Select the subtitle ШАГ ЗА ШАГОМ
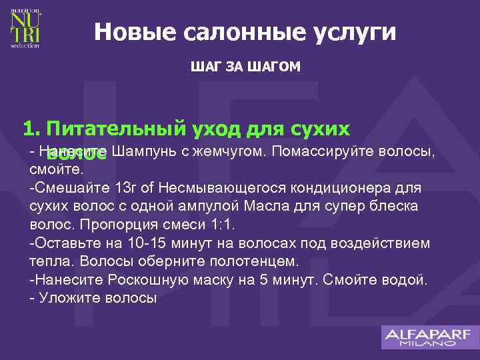tap(245, 67)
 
